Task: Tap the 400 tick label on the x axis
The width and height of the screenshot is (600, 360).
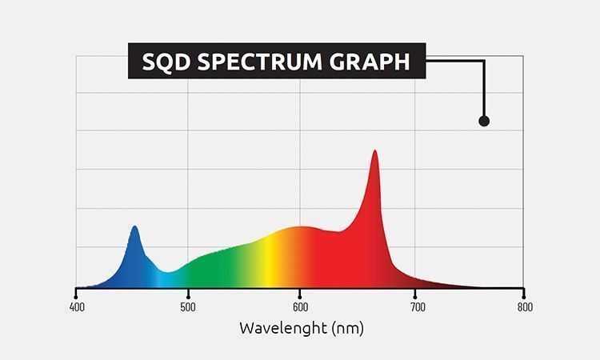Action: click(76, 306)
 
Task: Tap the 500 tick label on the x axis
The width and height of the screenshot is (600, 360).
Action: click(188, 306)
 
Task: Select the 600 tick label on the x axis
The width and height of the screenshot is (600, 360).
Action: click(300, 306)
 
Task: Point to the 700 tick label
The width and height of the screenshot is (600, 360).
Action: click(412, 306)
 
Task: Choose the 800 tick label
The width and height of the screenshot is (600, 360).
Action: click(524, 306)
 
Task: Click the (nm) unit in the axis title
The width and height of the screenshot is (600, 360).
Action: click(345, 328)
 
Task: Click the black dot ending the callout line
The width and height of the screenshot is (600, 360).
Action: click(483, 121)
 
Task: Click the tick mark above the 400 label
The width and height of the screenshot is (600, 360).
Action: click(76, 290)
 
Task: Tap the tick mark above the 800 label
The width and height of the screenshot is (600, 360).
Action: click(524, 290)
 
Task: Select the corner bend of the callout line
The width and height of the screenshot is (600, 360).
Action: click(483, 62)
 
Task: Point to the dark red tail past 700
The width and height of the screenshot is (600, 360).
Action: click(448, 281)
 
